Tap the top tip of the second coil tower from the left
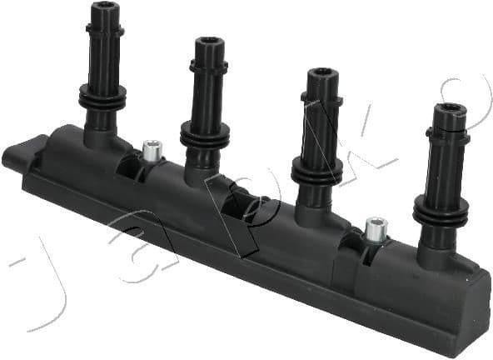[x=207, y=42]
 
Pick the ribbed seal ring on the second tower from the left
[x=205, y=136]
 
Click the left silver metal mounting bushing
[x=151, y=150]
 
